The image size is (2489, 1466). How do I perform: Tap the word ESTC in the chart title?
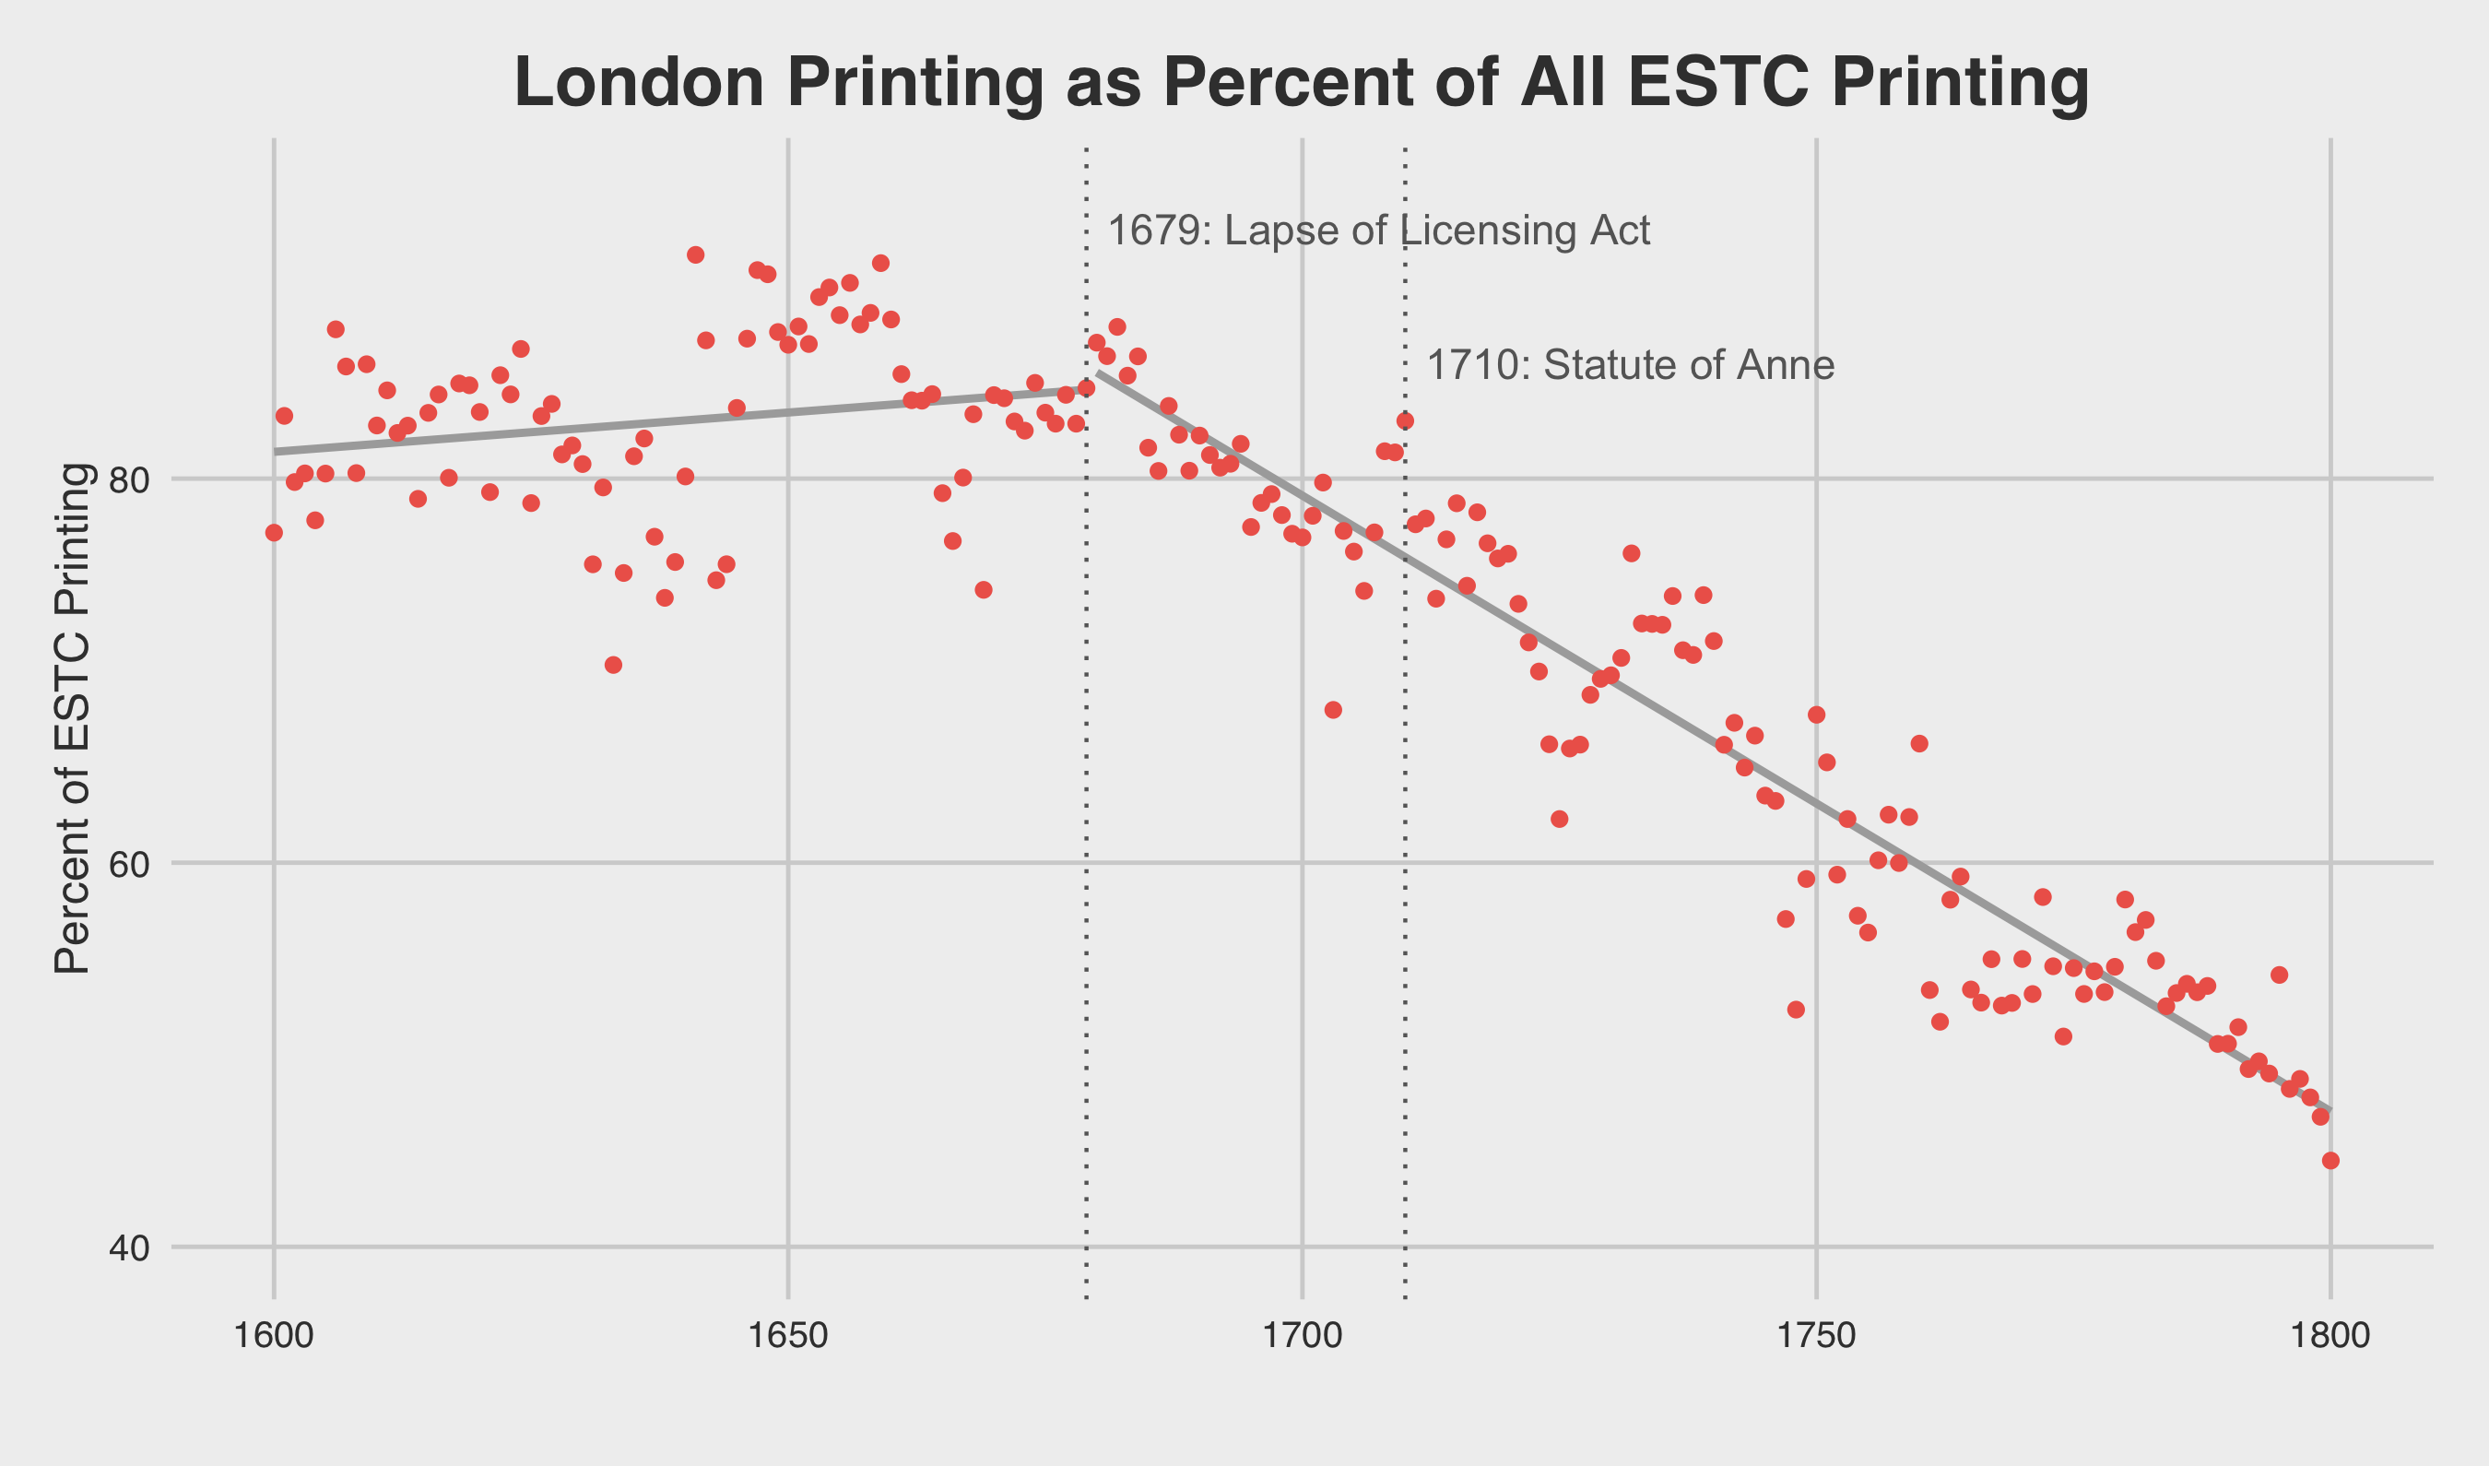1717,82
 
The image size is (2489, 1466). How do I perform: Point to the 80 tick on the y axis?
128,481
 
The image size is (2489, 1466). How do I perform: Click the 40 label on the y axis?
128,1248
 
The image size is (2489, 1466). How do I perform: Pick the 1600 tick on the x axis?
274,1337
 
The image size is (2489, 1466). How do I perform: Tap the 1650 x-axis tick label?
787,1337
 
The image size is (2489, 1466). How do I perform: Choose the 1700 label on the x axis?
1303,1337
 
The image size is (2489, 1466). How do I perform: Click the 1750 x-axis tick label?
1816,1337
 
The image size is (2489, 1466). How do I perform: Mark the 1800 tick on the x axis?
2330,1337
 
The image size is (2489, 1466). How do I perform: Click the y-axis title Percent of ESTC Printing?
72,718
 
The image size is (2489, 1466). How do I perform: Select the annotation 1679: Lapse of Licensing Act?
1378,231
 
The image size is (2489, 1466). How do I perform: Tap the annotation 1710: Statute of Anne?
1631,365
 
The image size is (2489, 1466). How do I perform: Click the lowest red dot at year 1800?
2331,1161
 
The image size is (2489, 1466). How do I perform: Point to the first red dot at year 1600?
274,533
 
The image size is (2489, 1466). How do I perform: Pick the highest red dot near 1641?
695,254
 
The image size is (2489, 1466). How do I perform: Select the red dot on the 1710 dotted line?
1405,420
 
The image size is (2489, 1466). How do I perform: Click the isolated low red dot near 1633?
613,665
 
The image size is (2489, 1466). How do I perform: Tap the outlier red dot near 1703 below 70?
1333,709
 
